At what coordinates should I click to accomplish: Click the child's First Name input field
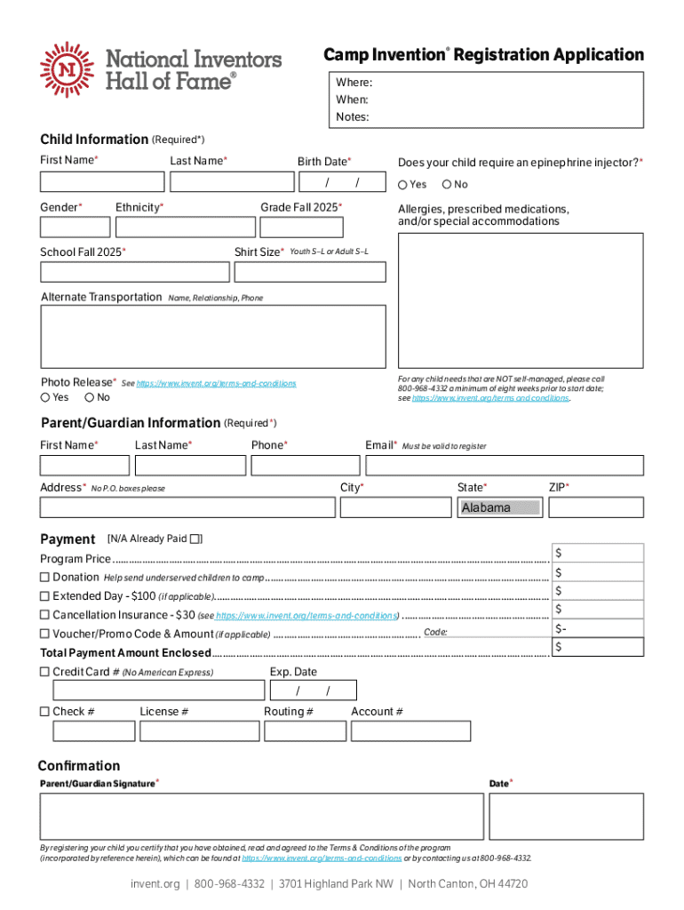pyautogui.click(x=102, y=182)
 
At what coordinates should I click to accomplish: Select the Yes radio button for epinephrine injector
pyautogui.click(x=402, y=185)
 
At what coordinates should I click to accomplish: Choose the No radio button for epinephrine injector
pyautogui.click(x=447, y=185)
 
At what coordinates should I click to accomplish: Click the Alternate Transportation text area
pyautogui.click(x=213, y=336)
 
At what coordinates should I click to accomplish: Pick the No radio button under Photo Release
pyautogui.click(x=90, y=397)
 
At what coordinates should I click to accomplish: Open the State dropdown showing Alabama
pyautogui.click(x=500, y=507)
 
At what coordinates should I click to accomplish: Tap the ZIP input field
pyautogui.click(x=595, y=507)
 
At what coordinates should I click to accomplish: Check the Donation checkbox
pyautogui.click(x=44, y=578)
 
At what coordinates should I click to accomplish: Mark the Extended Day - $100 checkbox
pyautogui.click(x=44, y=596)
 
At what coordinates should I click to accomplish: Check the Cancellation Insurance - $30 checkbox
pyautogui.click(x=44, y=615)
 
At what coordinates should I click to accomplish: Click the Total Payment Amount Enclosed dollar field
pyautogui.click(x=597, y=647)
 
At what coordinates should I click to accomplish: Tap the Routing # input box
pyautogui.click(x=305, y=730)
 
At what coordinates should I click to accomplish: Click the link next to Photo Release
pyautogui.click(x=216, y=383)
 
